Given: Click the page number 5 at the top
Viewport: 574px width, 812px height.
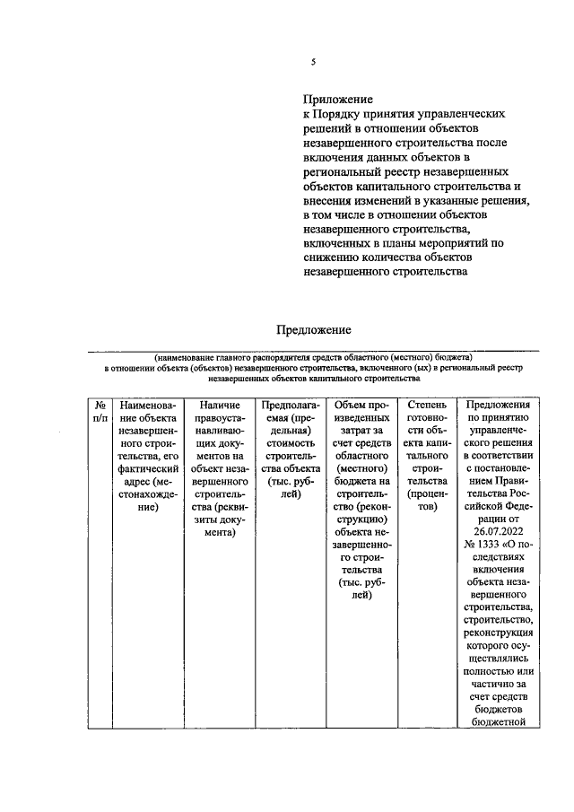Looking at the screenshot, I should tap(313, 62).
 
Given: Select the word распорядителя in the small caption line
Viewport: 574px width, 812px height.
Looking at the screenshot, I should tap(270, 357).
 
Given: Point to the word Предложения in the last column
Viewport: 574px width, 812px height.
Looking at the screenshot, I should tap(497, 406).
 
